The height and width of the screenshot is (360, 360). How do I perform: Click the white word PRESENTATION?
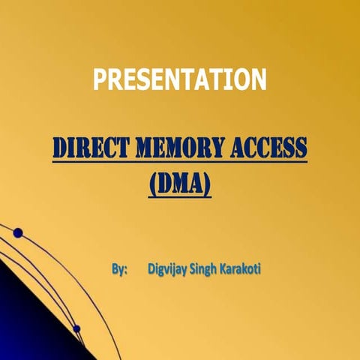(179, 78)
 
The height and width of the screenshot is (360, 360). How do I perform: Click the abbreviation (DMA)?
(179, 182)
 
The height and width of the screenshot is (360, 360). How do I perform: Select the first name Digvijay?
(172, 268)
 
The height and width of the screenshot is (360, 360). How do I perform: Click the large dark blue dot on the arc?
(18, 232)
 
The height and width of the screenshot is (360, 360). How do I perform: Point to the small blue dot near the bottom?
(76, 328)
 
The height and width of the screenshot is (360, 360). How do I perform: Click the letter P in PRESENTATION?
(98, 78)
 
